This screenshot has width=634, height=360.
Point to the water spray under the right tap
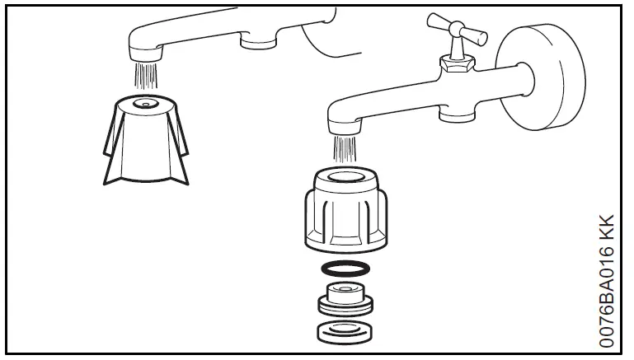(343, 148)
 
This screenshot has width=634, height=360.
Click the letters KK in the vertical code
(607, 227)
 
